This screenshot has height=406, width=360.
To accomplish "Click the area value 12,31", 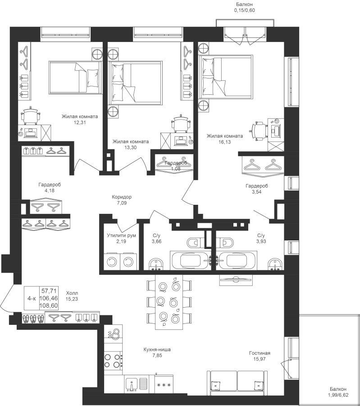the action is click(80, 122).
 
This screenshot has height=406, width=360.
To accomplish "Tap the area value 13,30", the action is click(131, 148).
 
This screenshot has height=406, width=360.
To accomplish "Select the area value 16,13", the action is click(224, 142).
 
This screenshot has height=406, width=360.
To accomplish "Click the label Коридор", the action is click(122, 197).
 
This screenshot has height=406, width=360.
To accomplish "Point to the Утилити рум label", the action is click(121, 235).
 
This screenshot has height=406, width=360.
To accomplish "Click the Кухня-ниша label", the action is click(157, 350).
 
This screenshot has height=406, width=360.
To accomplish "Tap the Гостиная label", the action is click(260, 353).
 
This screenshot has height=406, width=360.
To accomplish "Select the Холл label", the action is click(72, 293).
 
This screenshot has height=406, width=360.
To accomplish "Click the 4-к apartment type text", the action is click(32, 299).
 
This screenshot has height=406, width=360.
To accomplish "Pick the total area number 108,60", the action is click(49, 306).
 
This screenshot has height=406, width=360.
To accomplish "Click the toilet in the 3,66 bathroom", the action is click(194, 243).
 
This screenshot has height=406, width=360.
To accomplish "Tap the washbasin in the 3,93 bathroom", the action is click(275, 264).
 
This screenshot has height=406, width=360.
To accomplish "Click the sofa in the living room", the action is click(237, 383).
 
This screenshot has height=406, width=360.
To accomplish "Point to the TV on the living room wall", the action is click(236, 280).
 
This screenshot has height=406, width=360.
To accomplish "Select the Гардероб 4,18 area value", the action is click(50, 191).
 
